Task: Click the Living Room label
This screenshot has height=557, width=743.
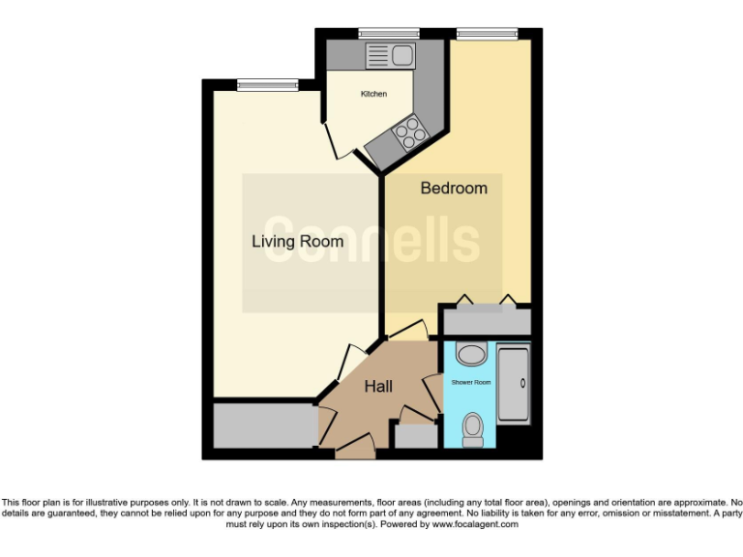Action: [297, 241]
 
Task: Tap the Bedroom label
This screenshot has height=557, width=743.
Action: [453, 188]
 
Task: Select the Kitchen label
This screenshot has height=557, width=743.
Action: [373, 94]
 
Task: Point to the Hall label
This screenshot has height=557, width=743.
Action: [378, 387]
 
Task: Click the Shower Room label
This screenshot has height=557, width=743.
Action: [471, 383]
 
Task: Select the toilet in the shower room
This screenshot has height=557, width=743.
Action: [473, 428]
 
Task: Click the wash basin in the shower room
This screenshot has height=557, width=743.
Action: [471, 355]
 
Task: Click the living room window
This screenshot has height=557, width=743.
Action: [266, 85]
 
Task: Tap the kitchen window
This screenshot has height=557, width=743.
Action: [381, 34]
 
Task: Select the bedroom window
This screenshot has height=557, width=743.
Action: [487, 34]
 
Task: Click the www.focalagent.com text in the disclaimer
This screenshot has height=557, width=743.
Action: [475, 524]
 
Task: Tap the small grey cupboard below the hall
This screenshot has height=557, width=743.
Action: [416, 436]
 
